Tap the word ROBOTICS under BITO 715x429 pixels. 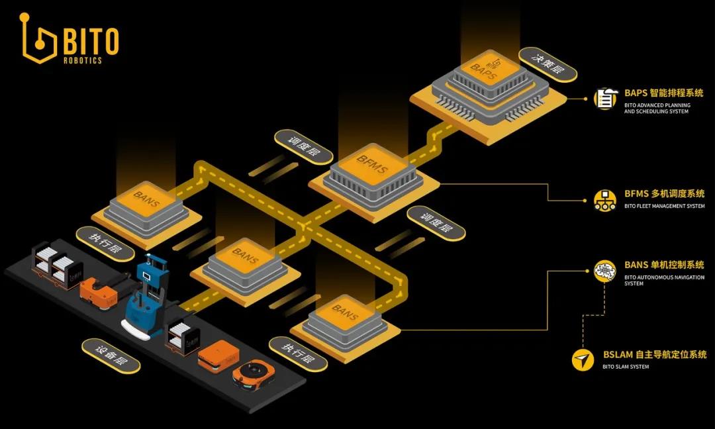(x=83, y=60)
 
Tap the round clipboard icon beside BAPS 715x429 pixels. (x=604, y=99)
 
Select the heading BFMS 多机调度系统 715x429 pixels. (x=664, y=195)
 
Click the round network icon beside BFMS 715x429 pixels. (x=604, y=199)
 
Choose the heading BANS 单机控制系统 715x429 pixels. (x=664, y=265)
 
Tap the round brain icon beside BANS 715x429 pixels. (x=604, y=271)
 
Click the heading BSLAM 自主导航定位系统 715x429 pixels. (x=654, y=355)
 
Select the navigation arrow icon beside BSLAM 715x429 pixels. (x=583, y=359)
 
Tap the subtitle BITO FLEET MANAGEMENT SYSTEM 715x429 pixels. (x=664, y=207)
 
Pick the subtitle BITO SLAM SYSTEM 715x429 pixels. (x=626, y=367)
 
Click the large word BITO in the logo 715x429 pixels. (x=91, y=41)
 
